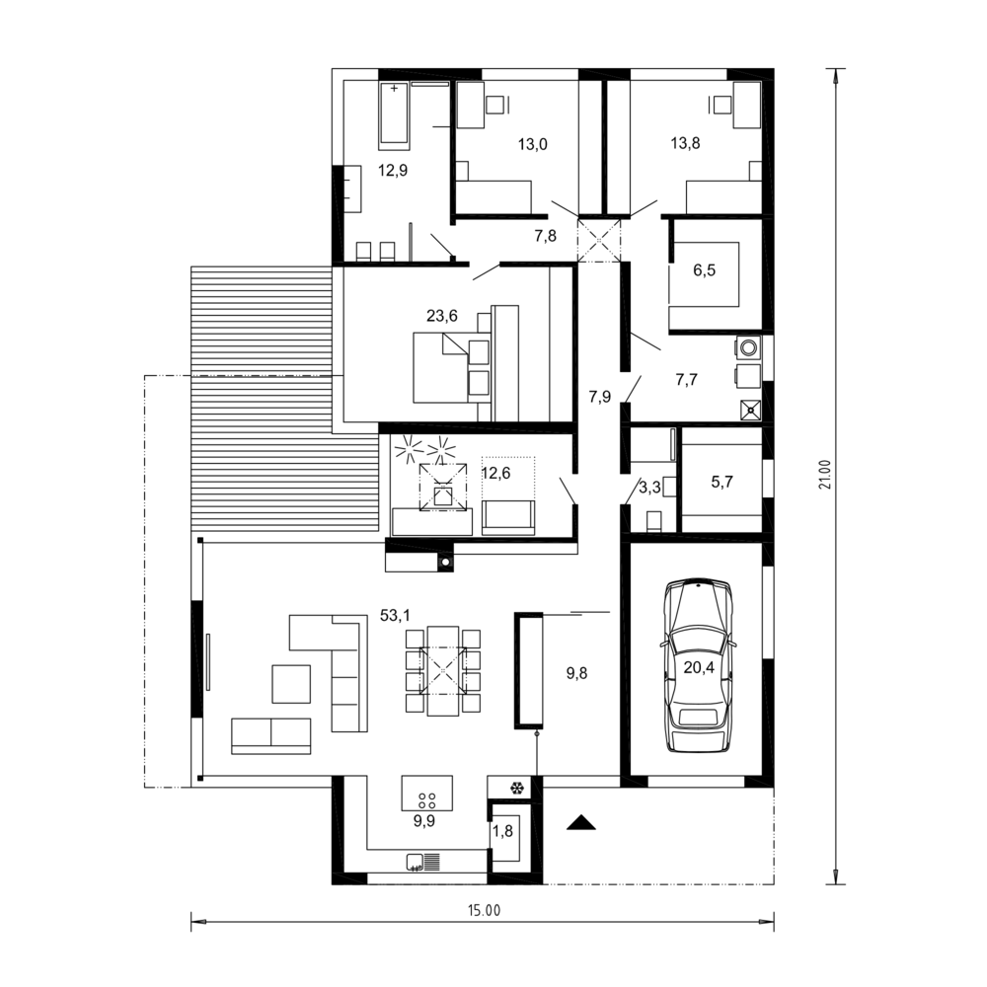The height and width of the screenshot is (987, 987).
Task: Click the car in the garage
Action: pyautogui.click(x=699, y=664)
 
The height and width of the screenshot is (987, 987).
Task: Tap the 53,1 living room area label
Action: pyautogui.click(x=395, y=615)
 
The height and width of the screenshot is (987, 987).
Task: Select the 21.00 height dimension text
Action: pyautogui.click(x=825, y=474)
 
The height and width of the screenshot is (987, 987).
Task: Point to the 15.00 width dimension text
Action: pyautogui.click(x=484, y=910)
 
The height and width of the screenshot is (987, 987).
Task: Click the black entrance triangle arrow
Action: pyautogui.click(x=580, y=822)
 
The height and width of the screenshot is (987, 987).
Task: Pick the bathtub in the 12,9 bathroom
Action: pyautogui.click(x=394, y=115)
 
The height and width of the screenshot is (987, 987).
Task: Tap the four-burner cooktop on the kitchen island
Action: pyautogui.click(x=426, y=800)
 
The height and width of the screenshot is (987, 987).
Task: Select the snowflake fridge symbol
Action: pyautogui.click(x=517, y=788)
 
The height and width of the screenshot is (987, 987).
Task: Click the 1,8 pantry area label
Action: pyautogui.click(x=502, y=831)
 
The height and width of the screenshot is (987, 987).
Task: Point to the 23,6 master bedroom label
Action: pyautogui.click(x=442, y=316)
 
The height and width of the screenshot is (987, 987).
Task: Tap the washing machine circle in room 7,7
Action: pyautogui.click(x=749, y=347)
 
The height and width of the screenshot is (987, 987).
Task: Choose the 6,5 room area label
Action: pyautogui.click(x=705, y=270)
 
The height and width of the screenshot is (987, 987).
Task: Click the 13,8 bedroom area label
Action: pyautogui.click(x=686, y=143)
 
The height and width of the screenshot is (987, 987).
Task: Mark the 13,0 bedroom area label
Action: pyautogui.click(x=533, y=144)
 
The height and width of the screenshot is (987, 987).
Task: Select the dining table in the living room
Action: pyautogui.click(x=442, y=670)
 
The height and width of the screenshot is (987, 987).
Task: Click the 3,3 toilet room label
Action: pyautogui.click(x=649, y=488)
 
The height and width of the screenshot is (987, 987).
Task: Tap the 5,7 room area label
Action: pyautogui.click(x=722, y=482)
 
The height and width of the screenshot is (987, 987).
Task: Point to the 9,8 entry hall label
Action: pyautogui.click(x=576, y=673)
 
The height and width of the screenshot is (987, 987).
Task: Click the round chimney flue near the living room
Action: pyautogui.click(x=445, y=562)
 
